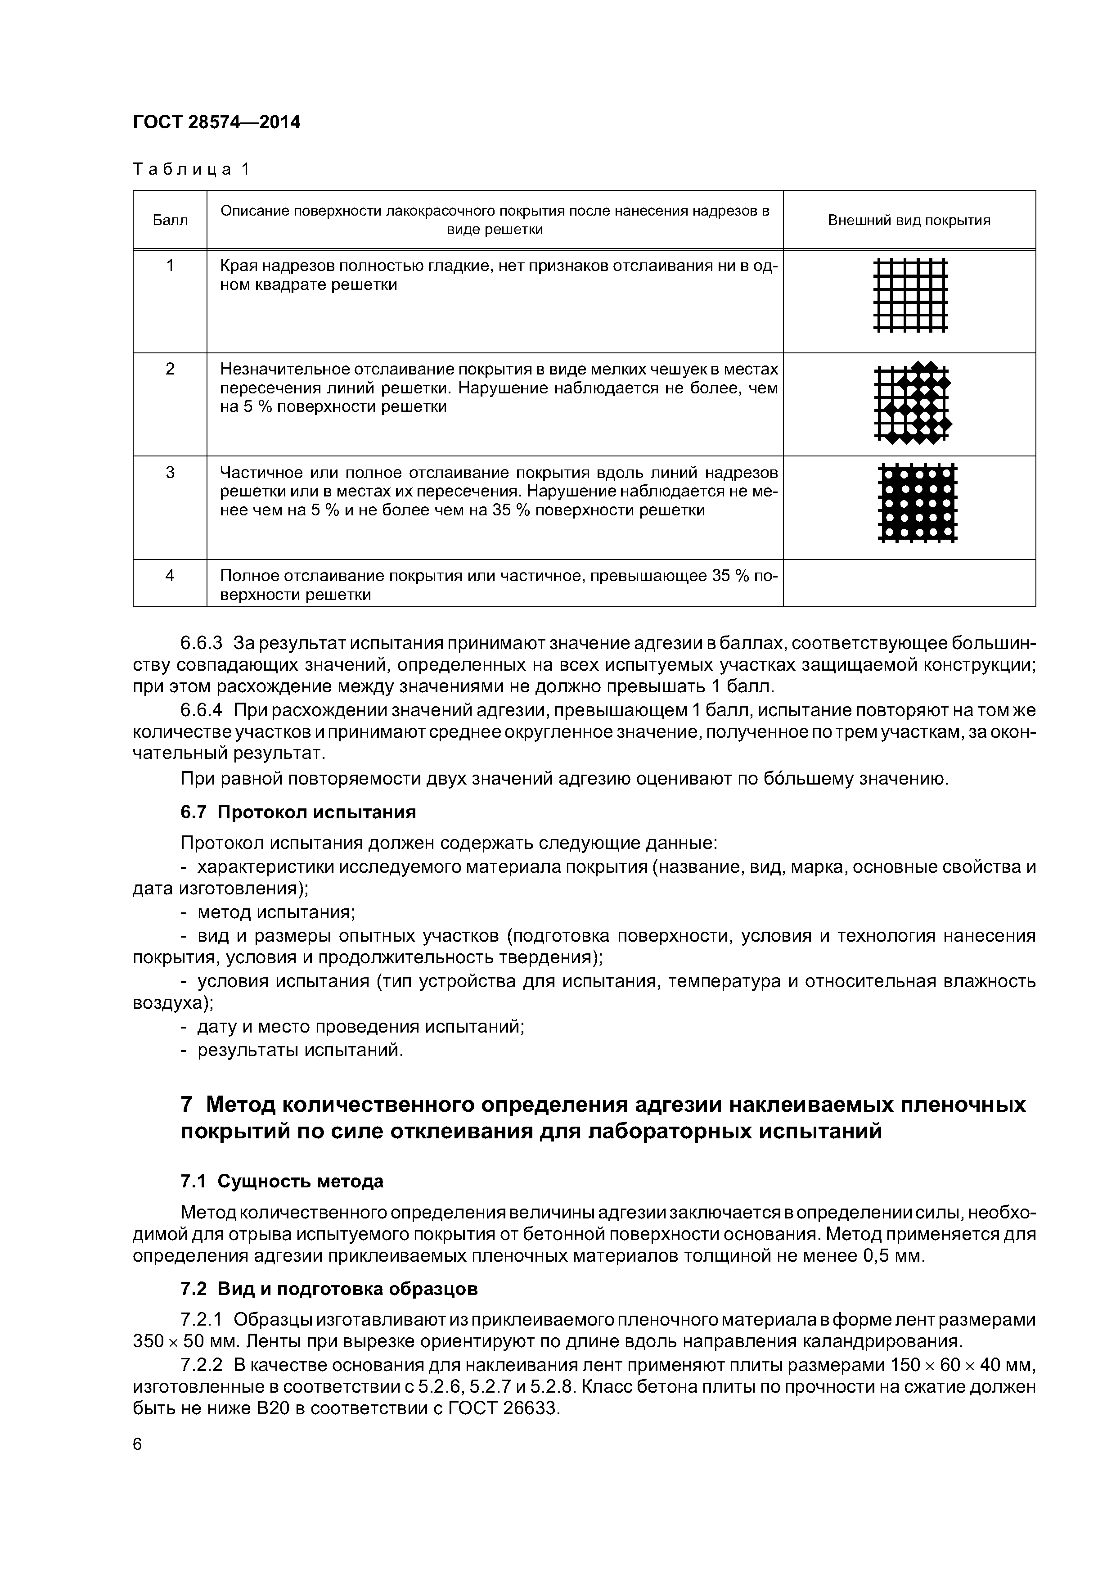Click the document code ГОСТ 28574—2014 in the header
coord(216,122)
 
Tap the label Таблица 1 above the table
coord(191,169)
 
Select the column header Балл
coord(170,221)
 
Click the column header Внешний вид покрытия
coord(909,221)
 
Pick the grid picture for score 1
coord(910,295)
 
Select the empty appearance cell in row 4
coord(909,583)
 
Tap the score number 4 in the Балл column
coord(170,575)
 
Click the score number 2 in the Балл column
coord(170,369)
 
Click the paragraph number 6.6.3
coord(202,644)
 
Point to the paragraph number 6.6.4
coord(202,710)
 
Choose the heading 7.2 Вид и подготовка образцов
coord(328,1289)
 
